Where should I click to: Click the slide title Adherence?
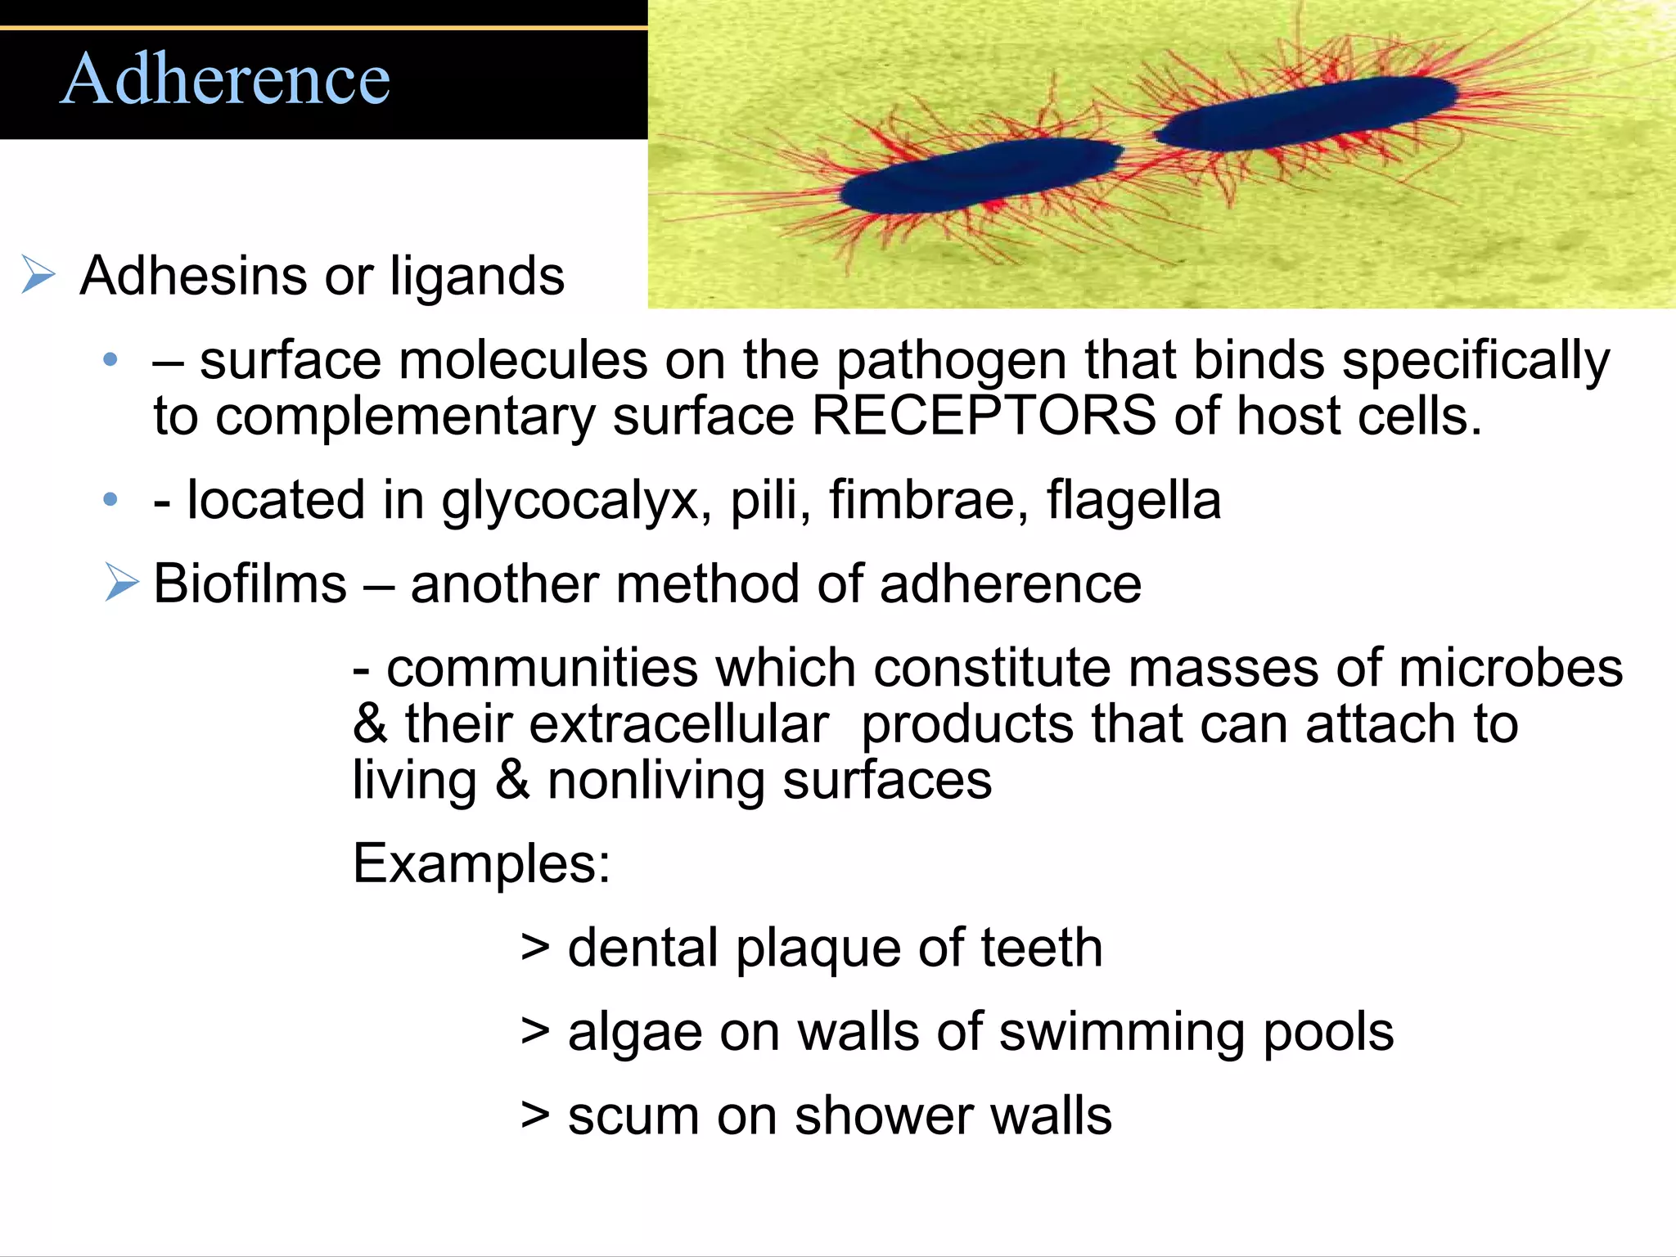pyautogui.click(x=226, y=79)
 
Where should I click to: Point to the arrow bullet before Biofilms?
pyautogui.click(x=122, y=583)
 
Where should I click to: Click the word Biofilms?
pyautogui.click(x=250, y=583)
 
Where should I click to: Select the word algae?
pyautogui.click(x=634, y=1033)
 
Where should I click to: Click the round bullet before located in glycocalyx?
pyautogui.click(x=110, y=499)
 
